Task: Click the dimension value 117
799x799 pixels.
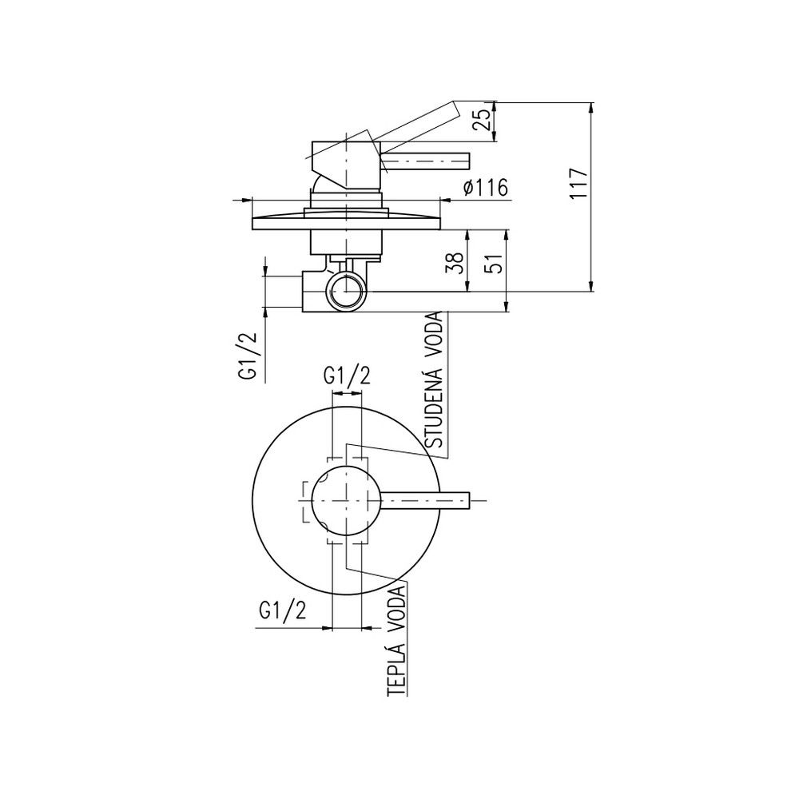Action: [x=578, y=184]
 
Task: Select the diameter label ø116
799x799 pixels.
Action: [x=486, y=188]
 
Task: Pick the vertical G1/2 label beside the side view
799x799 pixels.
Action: [x=246, y=356]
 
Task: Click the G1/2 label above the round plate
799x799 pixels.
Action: [x=347, y=376]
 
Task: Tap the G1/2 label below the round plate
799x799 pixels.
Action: [x=283, y=610]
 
